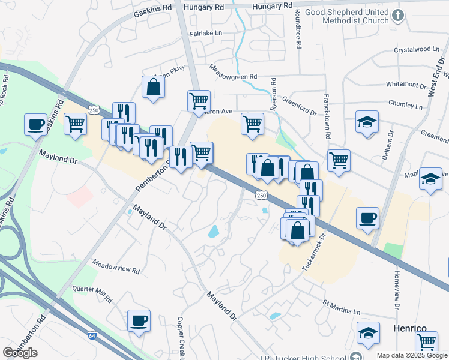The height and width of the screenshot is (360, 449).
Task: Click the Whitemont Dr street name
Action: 407,84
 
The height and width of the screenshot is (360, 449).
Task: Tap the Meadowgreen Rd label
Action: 233,76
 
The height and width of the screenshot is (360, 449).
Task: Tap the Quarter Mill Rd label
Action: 92,292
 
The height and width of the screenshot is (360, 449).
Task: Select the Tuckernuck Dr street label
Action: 313,251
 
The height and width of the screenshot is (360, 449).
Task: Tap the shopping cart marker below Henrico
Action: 426,342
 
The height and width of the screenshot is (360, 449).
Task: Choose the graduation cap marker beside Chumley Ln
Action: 367,121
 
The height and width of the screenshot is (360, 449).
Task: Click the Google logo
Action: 20,353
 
